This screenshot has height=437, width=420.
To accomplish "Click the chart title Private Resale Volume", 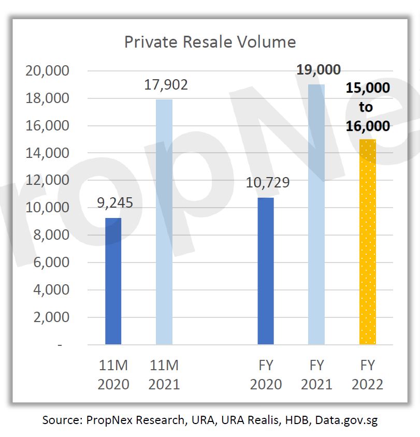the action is [x=210, y=42].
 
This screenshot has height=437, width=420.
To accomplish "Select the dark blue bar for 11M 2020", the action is [x=113, y=281].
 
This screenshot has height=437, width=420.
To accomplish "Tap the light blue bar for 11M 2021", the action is [x=164, y=222].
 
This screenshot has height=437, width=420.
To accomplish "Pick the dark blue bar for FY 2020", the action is [x=266, y=271].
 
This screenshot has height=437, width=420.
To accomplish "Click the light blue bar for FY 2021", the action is [x=316, y=214].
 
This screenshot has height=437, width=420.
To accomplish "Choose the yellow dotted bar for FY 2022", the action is [x=368, y=242].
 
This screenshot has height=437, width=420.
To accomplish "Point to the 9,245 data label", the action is [x=115, y=203].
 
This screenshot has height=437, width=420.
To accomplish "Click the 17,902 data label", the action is [x=166, y=85].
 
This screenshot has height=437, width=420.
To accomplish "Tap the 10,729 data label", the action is [x=268, y=183].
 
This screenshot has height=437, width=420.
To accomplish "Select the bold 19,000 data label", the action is [x=318, y=70].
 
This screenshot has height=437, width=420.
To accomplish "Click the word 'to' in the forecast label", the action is [x=366, y=107].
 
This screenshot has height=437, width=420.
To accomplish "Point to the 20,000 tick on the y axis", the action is [x=47, y=71].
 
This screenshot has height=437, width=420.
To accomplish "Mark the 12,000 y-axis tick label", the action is [x=47, y=180].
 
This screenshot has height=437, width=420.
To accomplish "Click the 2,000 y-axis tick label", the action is [x=51, y=317].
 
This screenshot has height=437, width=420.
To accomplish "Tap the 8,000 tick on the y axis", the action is [x=51, y=235].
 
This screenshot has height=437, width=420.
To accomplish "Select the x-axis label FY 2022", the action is [x=367, y=375].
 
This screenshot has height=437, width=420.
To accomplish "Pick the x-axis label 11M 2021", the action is [x=164, y=375].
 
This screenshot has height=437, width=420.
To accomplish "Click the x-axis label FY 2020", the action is [x=266, y=375].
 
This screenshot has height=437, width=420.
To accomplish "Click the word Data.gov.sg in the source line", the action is [x=346, y=420].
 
